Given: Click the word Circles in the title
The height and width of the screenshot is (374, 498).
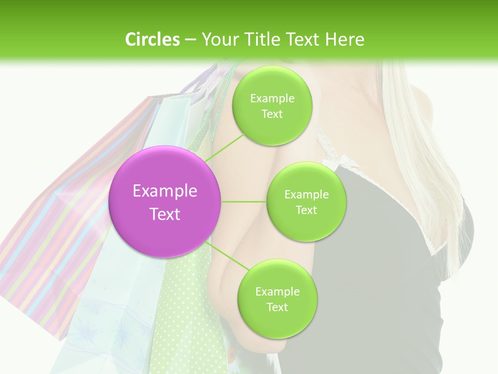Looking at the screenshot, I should point(152,39).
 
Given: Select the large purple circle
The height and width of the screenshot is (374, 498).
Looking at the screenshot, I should point(165,202).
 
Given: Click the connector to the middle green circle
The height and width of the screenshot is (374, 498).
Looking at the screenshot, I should point(244,202).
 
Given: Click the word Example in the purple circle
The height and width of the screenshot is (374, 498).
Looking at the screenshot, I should point(165,191).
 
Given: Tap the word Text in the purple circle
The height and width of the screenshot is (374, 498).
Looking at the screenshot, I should point(165,214).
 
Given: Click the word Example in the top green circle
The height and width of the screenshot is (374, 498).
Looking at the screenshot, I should point(272,99).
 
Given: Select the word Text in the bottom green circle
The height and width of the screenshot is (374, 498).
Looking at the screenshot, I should point(277,307).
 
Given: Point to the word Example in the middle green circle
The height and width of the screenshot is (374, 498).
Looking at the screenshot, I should point(306,195).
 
